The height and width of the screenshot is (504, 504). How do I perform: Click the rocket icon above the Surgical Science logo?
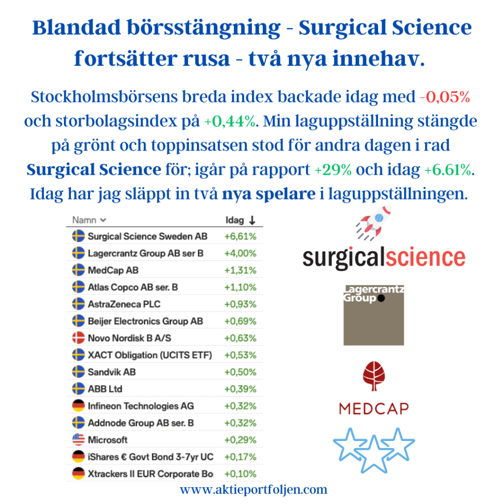(374, 223)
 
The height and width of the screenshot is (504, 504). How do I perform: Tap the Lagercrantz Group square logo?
(374, 315)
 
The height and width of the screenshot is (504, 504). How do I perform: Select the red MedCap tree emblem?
(374, 376)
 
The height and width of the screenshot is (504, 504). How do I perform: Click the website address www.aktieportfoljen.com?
(253, 490)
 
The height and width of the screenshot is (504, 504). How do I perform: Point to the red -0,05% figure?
(445, 97)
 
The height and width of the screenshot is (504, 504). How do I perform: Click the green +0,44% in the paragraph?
(230, 121)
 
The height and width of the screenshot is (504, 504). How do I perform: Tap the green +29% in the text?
(333, 170)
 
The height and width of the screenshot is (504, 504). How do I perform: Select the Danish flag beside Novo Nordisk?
(78, 338)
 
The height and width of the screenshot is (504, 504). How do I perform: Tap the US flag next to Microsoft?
(78, 440)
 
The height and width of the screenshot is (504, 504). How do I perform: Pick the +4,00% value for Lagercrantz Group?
(240, 253)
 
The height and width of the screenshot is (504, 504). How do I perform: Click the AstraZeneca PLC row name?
(124, 304)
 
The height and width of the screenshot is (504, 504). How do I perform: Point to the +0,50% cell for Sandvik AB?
(240, 372)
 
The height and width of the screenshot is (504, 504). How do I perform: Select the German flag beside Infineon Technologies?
(78, 406)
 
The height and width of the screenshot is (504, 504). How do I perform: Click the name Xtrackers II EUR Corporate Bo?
(151, 474)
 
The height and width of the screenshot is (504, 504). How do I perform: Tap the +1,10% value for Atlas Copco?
(240, 287)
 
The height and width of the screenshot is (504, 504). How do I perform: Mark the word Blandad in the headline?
(76, 28)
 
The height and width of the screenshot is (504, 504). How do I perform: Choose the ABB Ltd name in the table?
(105, 389)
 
